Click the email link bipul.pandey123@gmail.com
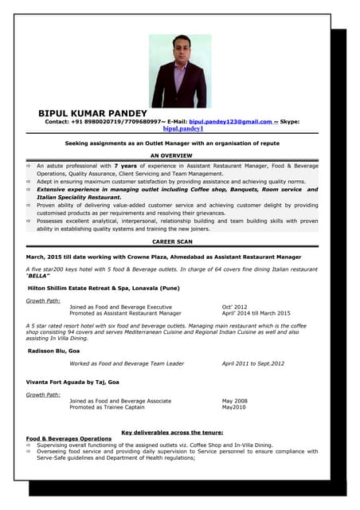230,121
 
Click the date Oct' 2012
234,307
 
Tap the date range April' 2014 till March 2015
256,313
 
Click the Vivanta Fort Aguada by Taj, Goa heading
73,382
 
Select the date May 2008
234,401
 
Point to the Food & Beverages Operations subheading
68,438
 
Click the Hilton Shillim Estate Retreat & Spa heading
104,288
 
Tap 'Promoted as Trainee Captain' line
107,407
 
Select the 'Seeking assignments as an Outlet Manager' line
171,143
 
